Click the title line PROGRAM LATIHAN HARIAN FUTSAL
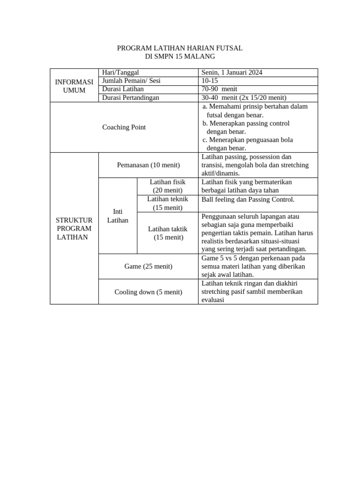(x=180, y=48)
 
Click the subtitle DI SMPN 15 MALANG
(x=180, y=56)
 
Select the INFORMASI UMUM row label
(x=74, y=85)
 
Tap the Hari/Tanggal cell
(x=121, y=72)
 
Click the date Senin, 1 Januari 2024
(x=232, y=72)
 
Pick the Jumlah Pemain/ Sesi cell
(x=131, y=81)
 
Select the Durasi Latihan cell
(x=123, y=89)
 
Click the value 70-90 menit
(x=219, y=89)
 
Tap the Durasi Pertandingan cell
(x=131, y=97)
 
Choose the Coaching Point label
(x=124, y=127)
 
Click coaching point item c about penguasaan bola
(x=247, y=144)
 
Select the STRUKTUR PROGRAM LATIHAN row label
(x=74, y=228)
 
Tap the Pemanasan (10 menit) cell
(x=148, y=165)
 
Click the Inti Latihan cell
(x=118, y=216)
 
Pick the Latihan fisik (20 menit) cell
(x=167, y=186)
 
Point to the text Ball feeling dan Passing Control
(x=248, y=199)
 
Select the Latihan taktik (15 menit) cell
(x=167, y=233)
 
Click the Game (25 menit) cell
(x=148, y=266)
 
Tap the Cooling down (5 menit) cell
(x=148, y=292)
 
